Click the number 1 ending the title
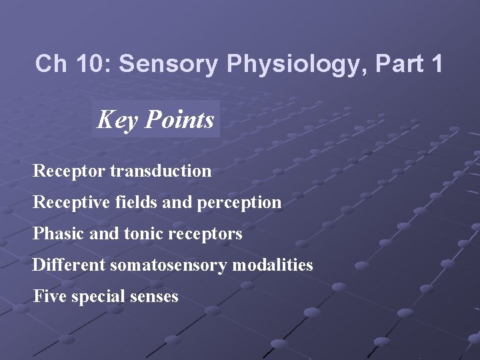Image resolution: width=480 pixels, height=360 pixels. pos(436,64)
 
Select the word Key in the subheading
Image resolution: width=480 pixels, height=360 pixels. pos(117,120)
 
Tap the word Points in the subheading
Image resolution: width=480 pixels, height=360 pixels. pos(179,120)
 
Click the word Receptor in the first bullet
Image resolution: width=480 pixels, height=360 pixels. pos(69,171)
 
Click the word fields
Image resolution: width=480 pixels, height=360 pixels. pos(136,202)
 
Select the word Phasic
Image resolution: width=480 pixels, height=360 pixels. pos(55,234)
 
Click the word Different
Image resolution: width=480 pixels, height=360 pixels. pos(69,265)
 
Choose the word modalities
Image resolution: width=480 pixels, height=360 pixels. pos(273,265)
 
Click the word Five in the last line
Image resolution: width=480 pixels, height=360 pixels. pos(47,296)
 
